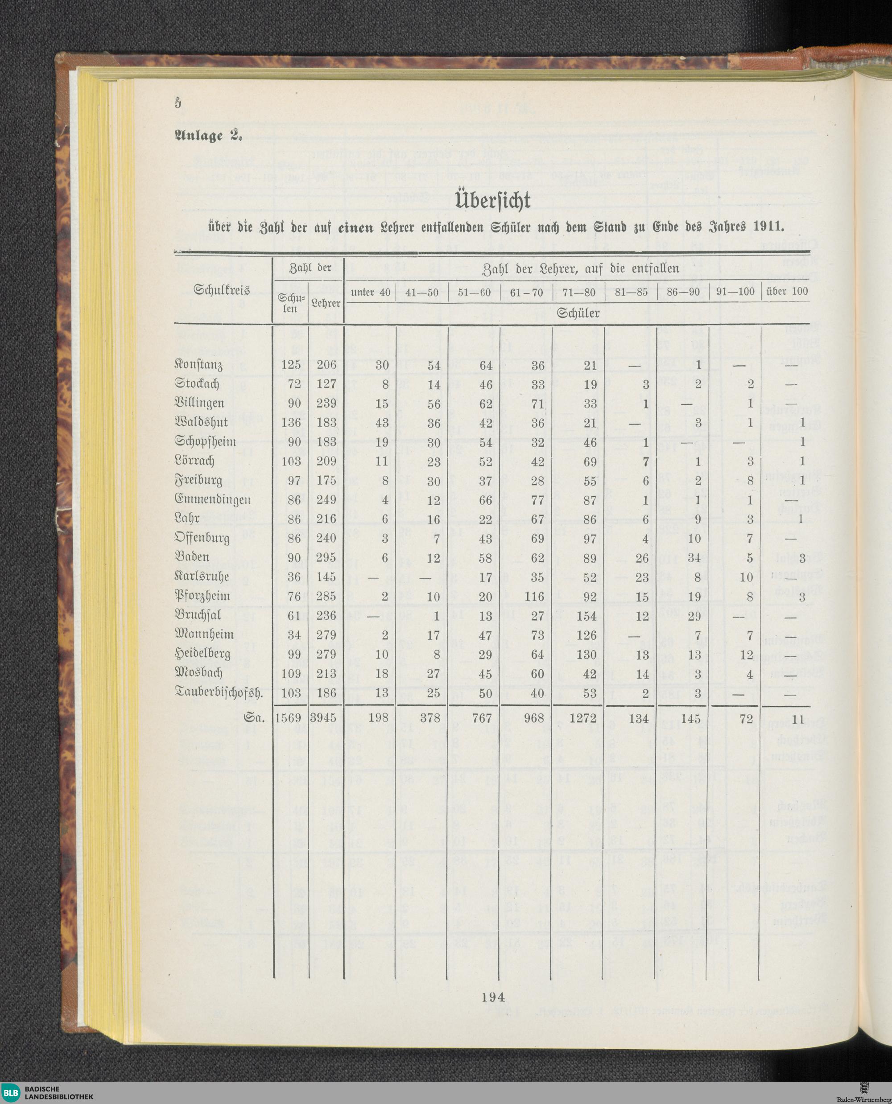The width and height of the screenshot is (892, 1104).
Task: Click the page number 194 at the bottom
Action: coord(493,997)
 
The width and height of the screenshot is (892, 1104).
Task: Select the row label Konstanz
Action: coord(198,365)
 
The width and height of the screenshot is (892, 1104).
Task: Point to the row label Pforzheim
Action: coord(202,597)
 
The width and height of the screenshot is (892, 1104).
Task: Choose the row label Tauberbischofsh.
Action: coord(219,693)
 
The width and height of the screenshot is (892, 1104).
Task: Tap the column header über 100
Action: coord(787,292)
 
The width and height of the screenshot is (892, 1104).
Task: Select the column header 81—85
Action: coord(631,292)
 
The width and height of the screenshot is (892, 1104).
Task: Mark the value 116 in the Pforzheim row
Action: coord(534,597)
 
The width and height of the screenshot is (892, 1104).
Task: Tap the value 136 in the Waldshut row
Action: coord(291,422)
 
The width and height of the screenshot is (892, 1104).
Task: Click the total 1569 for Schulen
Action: coord(288,718)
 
